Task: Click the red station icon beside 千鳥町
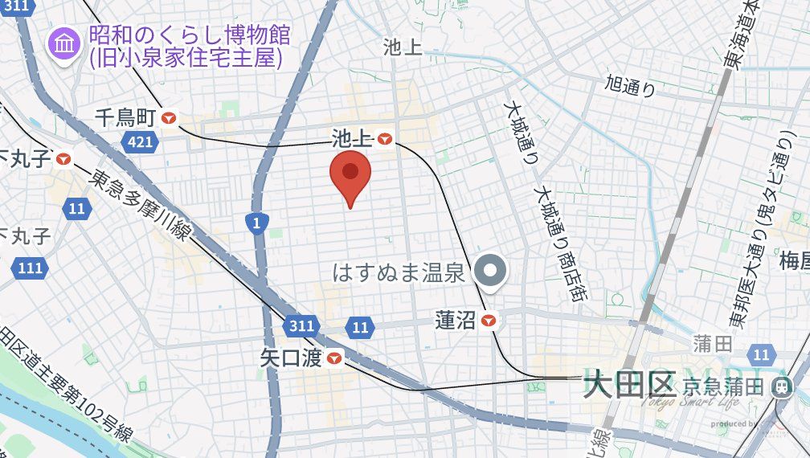click(x=169, y=118)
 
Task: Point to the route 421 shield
click(x=140, y=142)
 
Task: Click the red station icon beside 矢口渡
click(x=333, y=358)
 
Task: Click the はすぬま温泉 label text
click(x=399, y=272)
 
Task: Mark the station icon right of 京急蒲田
click(x=779, y=386)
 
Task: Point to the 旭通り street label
click(x=630, y=85)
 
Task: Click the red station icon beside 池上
click(x=385, y=139)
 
